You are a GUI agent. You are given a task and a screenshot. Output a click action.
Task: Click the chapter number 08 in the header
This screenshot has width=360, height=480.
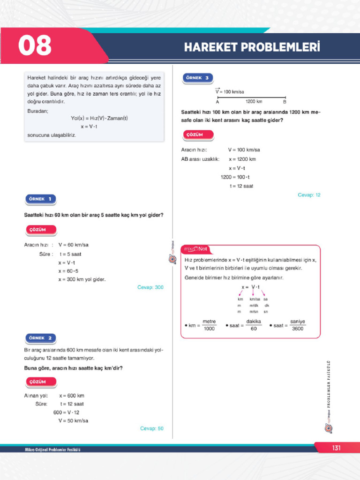[x=35, y=46]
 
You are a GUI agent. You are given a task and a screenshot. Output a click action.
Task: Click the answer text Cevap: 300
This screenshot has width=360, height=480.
[x=150, y=287]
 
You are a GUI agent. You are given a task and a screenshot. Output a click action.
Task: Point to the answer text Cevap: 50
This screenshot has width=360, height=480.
[x=152, y=428]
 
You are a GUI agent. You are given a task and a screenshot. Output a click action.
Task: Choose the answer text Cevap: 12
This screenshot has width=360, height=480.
[x=309, y=195]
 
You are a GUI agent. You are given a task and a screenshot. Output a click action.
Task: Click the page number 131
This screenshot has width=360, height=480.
[x=336, y=448]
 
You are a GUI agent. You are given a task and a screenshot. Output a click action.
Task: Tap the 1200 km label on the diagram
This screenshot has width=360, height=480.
[x=254, y=101]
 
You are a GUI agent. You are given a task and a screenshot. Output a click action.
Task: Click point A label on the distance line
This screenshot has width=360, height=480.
[x=217, y=102]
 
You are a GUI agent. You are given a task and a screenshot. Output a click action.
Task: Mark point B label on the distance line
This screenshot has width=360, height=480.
[x=285, y=102]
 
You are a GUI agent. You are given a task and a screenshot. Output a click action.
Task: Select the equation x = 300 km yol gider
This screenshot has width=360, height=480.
[x=82, y=279]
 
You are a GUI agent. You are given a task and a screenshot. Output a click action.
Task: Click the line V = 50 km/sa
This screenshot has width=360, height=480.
[x=73, y=420]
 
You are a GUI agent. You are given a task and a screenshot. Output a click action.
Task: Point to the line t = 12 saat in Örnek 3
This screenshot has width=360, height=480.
[x=241, y=186]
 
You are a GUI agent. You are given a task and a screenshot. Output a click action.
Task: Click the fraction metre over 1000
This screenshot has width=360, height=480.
[x=209, y=325]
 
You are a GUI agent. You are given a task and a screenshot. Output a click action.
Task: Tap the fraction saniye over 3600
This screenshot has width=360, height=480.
[x=298, y=325]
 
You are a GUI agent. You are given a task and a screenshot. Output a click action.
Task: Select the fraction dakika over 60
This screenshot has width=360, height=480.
[x=254, y=325]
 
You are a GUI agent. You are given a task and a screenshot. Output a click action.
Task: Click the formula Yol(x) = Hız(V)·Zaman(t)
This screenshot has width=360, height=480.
[x=99, y=119]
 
